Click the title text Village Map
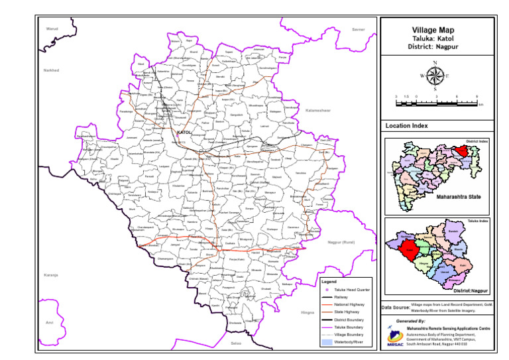(x=435, y=30)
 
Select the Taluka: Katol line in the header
(x=435, y=39)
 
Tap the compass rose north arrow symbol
(x=435, y=75)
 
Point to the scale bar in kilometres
(x=436, y=100)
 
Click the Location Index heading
(x=406, y=126)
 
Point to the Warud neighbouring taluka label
(x=52, y=29)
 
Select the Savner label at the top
(x=359, y=30)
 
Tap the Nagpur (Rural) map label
(x=341, y=242)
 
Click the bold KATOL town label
(x=184, y=133)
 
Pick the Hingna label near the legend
(x=307, y=312)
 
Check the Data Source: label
(x=396, y=308)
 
